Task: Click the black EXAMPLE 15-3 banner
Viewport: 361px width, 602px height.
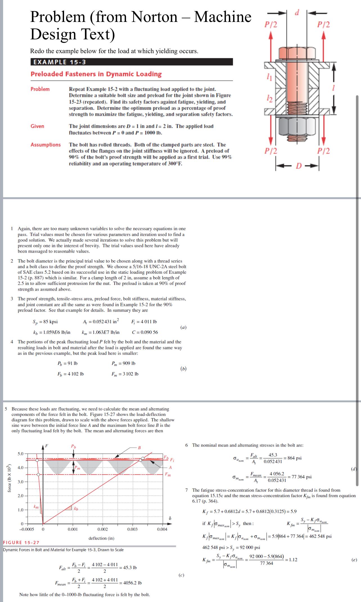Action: (132, 62)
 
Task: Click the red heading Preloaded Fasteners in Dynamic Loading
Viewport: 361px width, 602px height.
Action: (96, 74)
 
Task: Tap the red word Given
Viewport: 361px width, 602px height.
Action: (37, 126)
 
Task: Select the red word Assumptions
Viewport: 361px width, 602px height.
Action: (46, 145)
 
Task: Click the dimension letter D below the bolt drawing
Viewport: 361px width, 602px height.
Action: (299, 166)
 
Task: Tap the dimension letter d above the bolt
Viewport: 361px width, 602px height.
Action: (297, 13)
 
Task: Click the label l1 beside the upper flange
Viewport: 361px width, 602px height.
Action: (269, 77)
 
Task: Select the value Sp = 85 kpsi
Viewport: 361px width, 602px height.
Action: (45, 322)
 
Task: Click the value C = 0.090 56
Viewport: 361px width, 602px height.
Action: (145, 332)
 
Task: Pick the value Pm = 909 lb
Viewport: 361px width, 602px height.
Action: (123, 363)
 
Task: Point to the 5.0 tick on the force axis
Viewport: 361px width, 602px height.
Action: (21, 454)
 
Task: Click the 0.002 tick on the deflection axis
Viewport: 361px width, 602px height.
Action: (103, 529)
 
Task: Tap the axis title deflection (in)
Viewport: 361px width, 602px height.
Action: (101, 538)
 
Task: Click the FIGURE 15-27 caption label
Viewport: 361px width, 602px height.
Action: (21, 542)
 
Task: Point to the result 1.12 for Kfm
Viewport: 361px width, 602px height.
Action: (293, 560)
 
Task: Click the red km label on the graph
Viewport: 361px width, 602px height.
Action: (36, 506)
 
